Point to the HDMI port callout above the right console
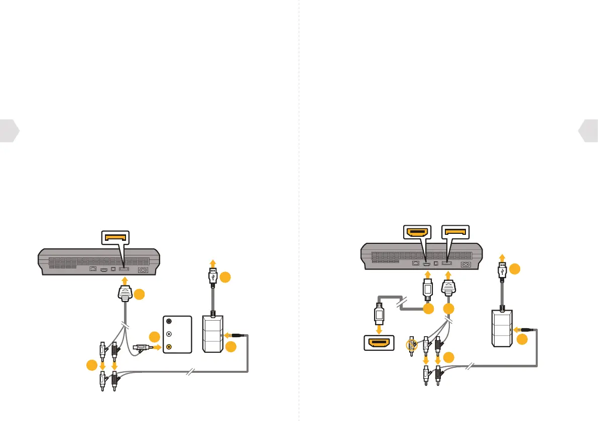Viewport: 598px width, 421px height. [x=418, y=232]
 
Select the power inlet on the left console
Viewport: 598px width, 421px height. [x=144, y=269]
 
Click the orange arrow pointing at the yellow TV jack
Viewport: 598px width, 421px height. [x=157, y=346]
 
